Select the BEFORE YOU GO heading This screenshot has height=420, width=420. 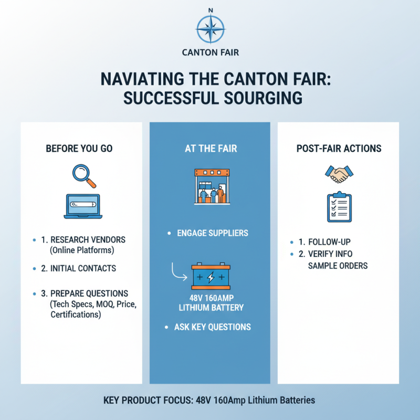[79, 149]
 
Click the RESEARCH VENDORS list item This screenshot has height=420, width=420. [87, 239]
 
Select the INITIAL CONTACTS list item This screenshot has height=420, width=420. [83, 268]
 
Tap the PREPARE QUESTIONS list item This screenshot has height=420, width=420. [89, 293]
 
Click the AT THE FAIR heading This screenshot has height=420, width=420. [211, 149]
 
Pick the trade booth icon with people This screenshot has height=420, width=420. [210, 186]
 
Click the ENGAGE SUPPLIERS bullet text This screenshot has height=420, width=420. [213, 233]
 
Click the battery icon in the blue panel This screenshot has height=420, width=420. [210, 276]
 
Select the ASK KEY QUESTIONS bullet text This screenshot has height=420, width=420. [213, 327]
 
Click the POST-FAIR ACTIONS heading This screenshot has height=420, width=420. [339, 149]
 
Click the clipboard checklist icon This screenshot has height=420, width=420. [339, 208]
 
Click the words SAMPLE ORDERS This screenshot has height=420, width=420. [338, 266]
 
